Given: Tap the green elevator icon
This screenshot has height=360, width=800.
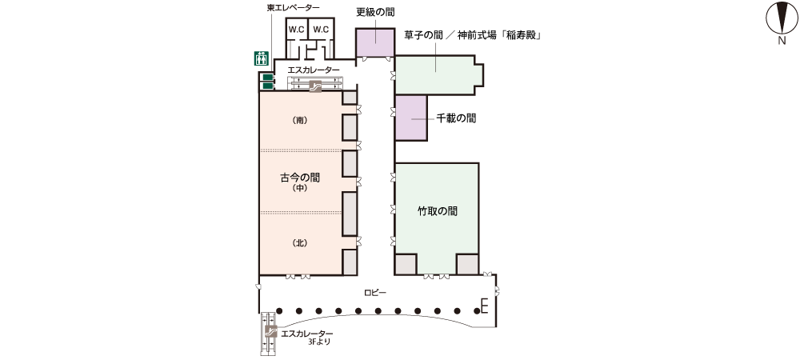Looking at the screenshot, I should [x=260, y=58].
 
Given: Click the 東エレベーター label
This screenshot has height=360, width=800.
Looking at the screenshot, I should [x=294, y=8].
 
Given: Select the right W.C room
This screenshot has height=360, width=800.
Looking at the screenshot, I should [x=322, y=30].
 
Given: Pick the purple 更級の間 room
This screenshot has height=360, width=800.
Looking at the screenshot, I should [x=374, y=42].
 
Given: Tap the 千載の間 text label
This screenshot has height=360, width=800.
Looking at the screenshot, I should [x=457, y=118].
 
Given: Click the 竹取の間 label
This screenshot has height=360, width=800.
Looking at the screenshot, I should [x=437, y=211].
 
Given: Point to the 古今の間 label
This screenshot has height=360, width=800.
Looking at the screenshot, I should [x=300, y=177].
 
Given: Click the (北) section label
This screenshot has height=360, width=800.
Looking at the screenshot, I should [x=300, y=242].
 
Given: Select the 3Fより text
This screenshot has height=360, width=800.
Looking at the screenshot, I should [x=318, y=342].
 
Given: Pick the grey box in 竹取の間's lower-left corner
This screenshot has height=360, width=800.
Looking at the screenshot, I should [x=406, y=263].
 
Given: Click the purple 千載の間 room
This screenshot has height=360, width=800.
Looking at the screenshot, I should [x=410, y=118].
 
